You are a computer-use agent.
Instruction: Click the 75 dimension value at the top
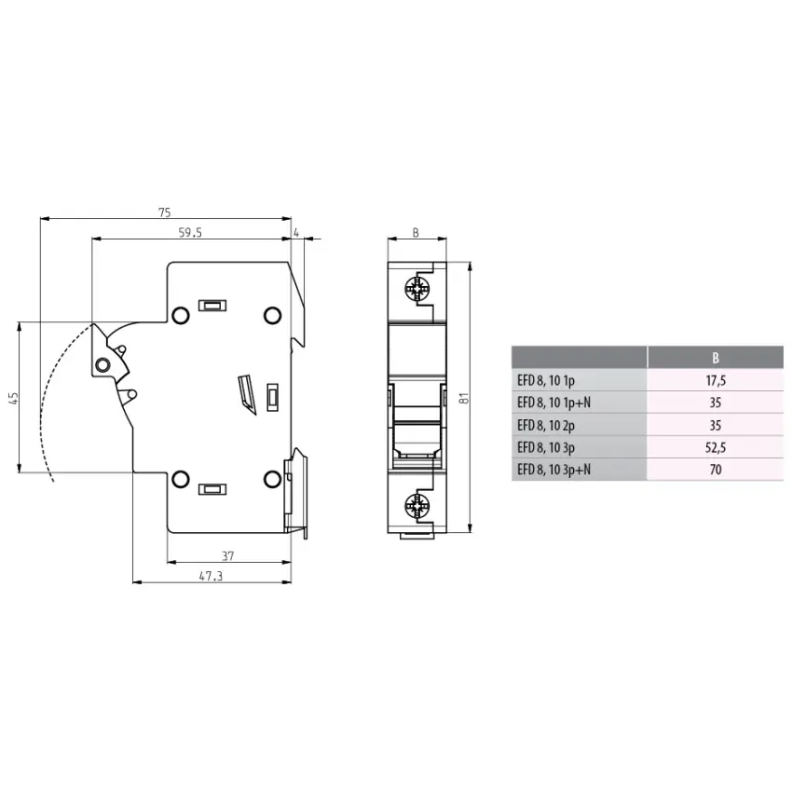coord(166,213)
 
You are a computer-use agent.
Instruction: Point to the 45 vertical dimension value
coord(12,398)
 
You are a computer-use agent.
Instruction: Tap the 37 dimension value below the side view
coord(228,555)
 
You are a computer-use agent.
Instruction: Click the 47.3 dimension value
coord(211,577)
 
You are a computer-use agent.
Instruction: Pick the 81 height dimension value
coord(462,398)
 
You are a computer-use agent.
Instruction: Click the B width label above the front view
coord(416,233)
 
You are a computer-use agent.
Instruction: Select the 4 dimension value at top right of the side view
coord(296,233)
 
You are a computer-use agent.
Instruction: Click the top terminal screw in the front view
coord(416,290)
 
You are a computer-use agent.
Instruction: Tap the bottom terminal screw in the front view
coord(416,507)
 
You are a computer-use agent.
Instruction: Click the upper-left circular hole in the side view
coord(179,315)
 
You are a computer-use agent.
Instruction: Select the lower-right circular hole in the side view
coord(272,479)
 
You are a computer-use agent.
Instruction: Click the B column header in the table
coord(715,357)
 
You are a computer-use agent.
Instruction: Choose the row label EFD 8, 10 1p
coord(547,380)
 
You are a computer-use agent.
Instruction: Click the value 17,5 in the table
coord(715,380)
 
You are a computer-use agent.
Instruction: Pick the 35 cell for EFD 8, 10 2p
coord(715,425)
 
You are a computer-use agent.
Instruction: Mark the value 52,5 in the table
coord(715,447)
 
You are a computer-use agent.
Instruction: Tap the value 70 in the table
coord(715,471)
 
